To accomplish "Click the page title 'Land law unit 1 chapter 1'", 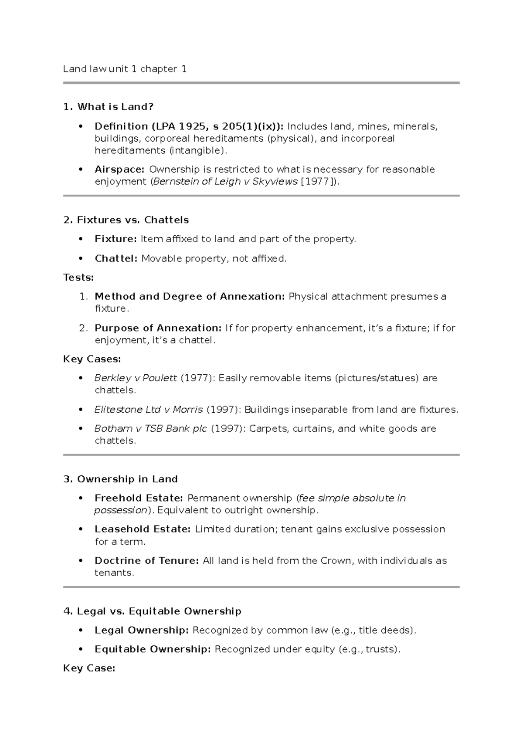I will [125, 69].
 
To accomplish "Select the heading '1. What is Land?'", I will [109, 107].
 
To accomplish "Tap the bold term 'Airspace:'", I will [119, 169].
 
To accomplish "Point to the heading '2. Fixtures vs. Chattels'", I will [126, 220].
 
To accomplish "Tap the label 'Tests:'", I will [78, 277].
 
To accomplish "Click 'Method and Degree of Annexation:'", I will [190, 296].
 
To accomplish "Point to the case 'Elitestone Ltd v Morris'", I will [149, 410].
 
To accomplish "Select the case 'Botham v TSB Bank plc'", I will [151, 428].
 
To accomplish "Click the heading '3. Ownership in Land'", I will [120, 479].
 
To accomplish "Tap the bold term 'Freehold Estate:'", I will [139, 498].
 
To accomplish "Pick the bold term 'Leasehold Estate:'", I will [143, 529].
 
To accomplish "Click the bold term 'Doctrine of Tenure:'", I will [147, 560].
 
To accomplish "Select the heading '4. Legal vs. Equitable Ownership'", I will [152, 611].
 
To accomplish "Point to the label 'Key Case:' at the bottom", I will [89, 668].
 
